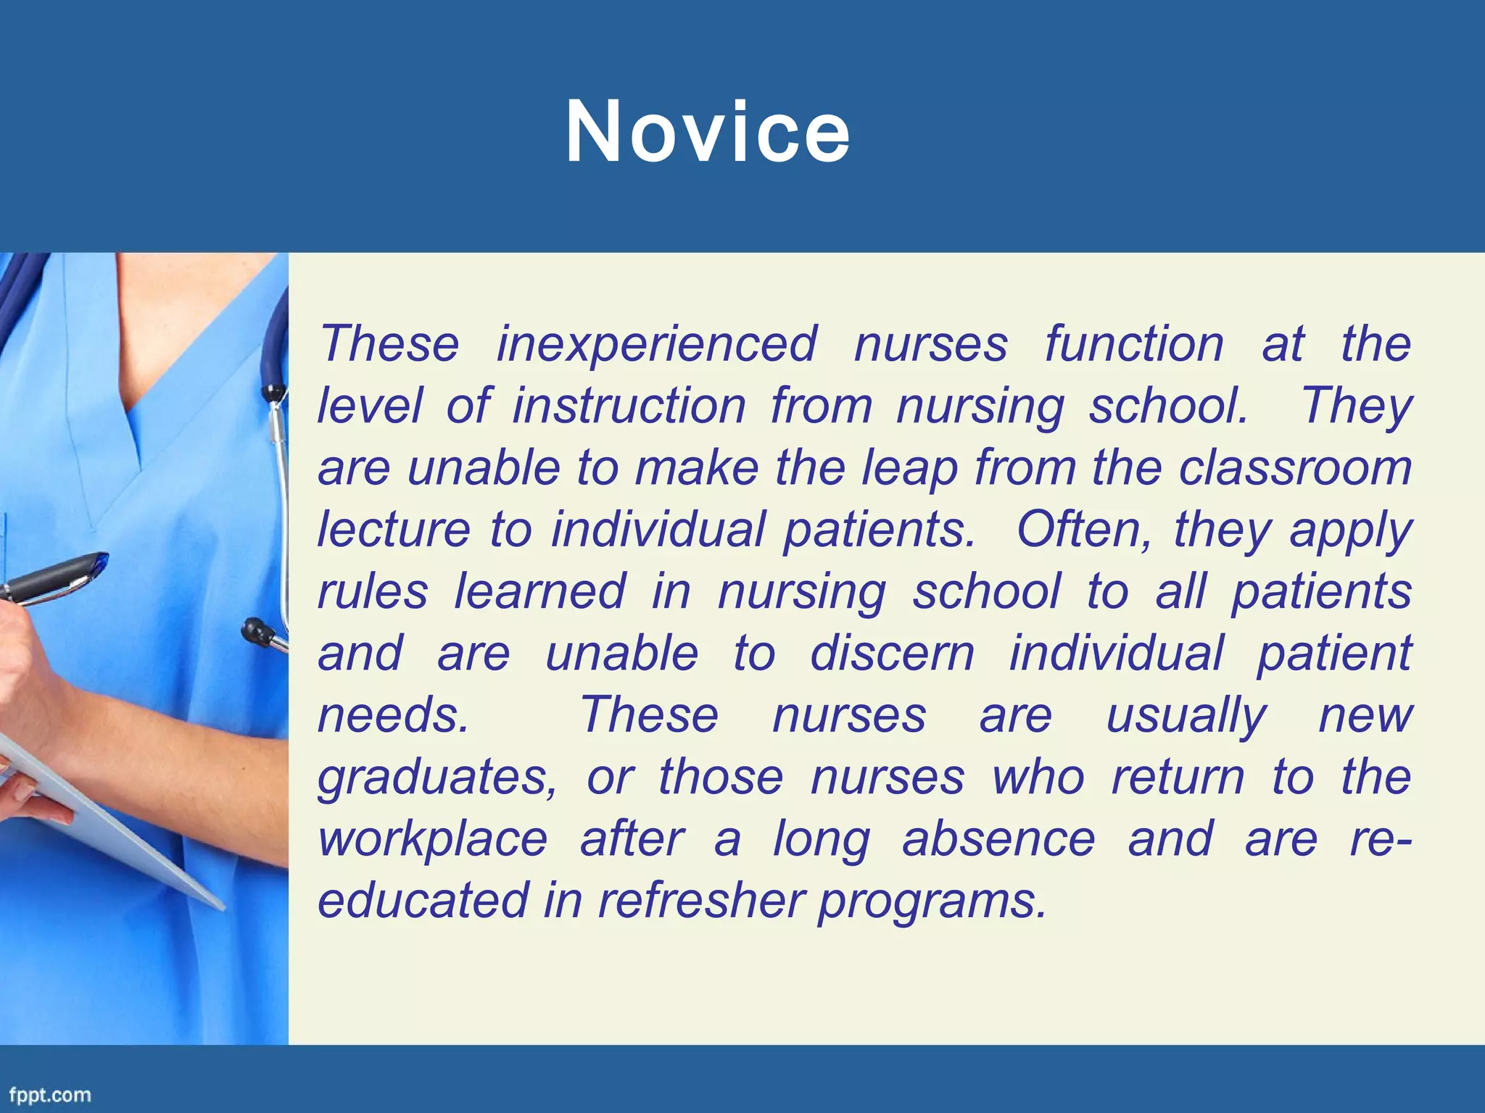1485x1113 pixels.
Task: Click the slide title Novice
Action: tap(708, 133)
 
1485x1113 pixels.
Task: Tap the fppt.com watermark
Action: tap(50, 1094)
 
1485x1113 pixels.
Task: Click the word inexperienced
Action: tap(656, 343)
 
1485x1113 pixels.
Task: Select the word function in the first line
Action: tap(1134, 343)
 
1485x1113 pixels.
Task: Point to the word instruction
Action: tap(629, 406)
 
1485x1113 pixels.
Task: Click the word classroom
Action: tap(1295, 467)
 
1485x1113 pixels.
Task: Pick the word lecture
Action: tap(394, 529)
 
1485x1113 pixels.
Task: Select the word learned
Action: tap(539, 591)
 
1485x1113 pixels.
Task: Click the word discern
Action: tap(892, 653)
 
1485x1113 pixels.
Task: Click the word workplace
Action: tap(432, 839)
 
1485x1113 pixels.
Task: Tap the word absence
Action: tap(998, 839)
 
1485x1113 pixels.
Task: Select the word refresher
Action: tap(700, 901)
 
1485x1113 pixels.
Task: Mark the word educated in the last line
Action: tap(423, 901)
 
